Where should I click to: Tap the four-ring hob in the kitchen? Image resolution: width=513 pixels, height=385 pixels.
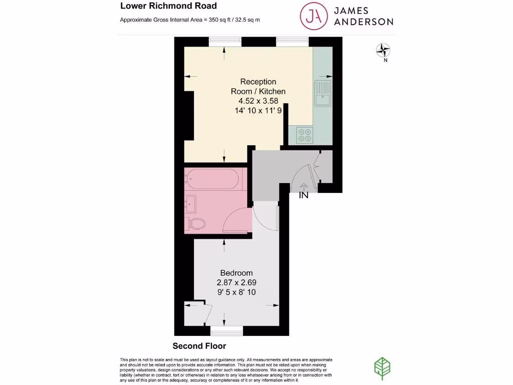[x=304, y=134]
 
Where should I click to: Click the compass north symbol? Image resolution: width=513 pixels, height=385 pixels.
[x=383, y=50]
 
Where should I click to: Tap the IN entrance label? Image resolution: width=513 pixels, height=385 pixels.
[x=304, y=196]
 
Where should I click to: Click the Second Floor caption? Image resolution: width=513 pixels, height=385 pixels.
[x=199, y=346]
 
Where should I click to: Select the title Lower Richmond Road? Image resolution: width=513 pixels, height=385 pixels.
[x=168, y=6]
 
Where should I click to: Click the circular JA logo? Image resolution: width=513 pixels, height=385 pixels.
[x=314, y=16]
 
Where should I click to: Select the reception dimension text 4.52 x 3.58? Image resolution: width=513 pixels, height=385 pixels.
[x=258, y=101]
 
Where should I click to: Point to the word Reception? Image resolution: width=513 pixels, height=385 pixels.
[x=258, y=81]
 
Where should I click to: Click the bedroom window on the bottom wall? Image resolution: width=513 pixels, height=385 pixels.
[x=226, y=330]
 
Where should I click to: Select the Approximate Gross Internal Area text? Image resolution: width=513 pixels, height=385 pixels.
[x=190, y=20]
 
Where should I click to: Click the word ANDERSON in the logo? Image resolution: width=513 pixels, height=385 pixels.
[x=363, y=22]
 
